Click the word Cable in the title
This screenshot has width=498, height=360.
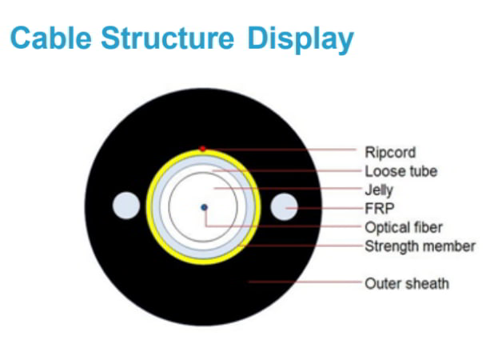click(51, 38)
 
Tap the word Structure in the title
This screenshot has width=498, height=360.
click(167, 38)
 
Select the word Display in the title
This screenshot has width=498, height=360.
click(301, 40)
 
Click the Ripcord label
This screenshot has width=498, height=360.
click(390, 153)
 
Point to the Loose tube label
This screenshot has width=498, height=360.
click(400, 171)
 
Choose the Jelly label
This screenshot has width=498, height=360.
click(379, 190)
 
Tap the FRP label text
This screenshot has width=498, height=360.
click(379, 209)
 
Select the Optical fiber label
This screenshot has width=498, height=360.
click(404, 227)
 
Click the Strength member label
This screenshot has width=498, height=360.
click(420, 246)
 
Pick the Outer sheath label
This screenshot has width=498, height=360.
click(407, 284)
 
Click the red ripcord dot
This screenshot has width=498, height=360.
click(202, 148)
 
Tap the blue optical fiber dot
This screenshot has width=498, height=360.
click(204, 207)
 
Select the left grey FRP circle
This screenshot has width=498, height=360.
click(126, 206)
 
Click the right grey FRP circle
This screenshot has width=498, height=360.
click(284, 207)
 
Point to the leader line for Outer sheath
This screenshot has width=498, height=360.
click(305, 282)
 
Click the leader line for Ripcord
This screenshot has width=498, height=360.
click(281, 149)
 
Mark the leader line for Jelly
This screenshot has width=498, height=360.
click(288, 189)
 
